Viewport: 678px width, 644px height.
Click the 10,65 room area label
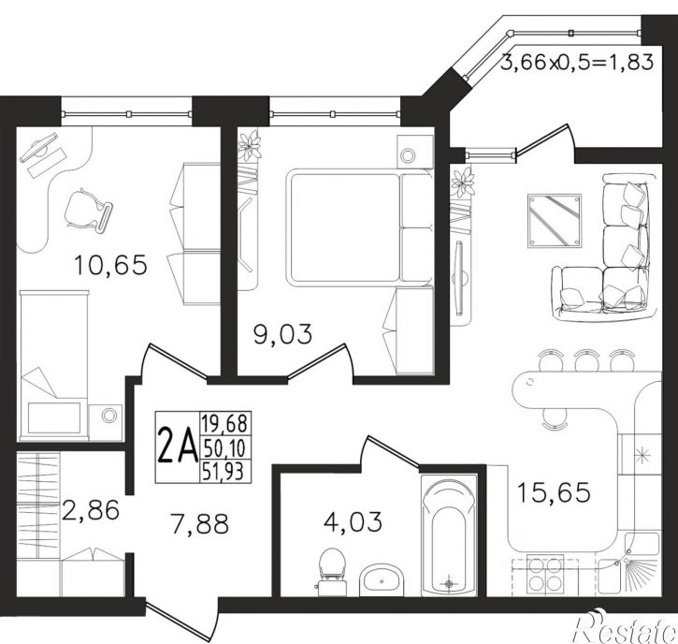coord(110,265)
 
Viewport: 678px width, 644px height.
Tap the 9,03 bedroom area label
coord(282,334)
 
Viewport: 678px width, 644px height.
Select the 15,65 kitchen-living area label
coord(554,492)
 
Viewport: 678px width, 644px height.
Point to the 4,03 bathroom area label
coord(353,521)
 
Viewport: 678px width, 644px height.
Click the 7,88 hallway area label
coord(199,523)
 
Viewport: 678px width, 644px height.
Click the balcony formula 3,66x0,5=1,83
coord(576,64)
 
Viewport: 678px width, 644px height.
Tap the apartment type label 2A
coord(178,445)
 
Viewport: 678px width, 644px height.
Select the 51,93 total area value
coord(224,471)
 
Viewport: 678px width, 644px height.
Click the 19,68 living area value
coord(224,423)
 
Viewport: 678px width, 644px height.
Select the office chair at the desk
coord(88,211)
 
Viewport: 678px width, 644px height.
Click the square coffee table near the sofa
coord(555,221)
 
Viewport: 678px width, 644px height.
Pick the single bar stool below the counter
coord(555,418)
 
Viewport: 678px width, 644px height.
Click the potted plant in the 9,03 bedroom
coord(249,144)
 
